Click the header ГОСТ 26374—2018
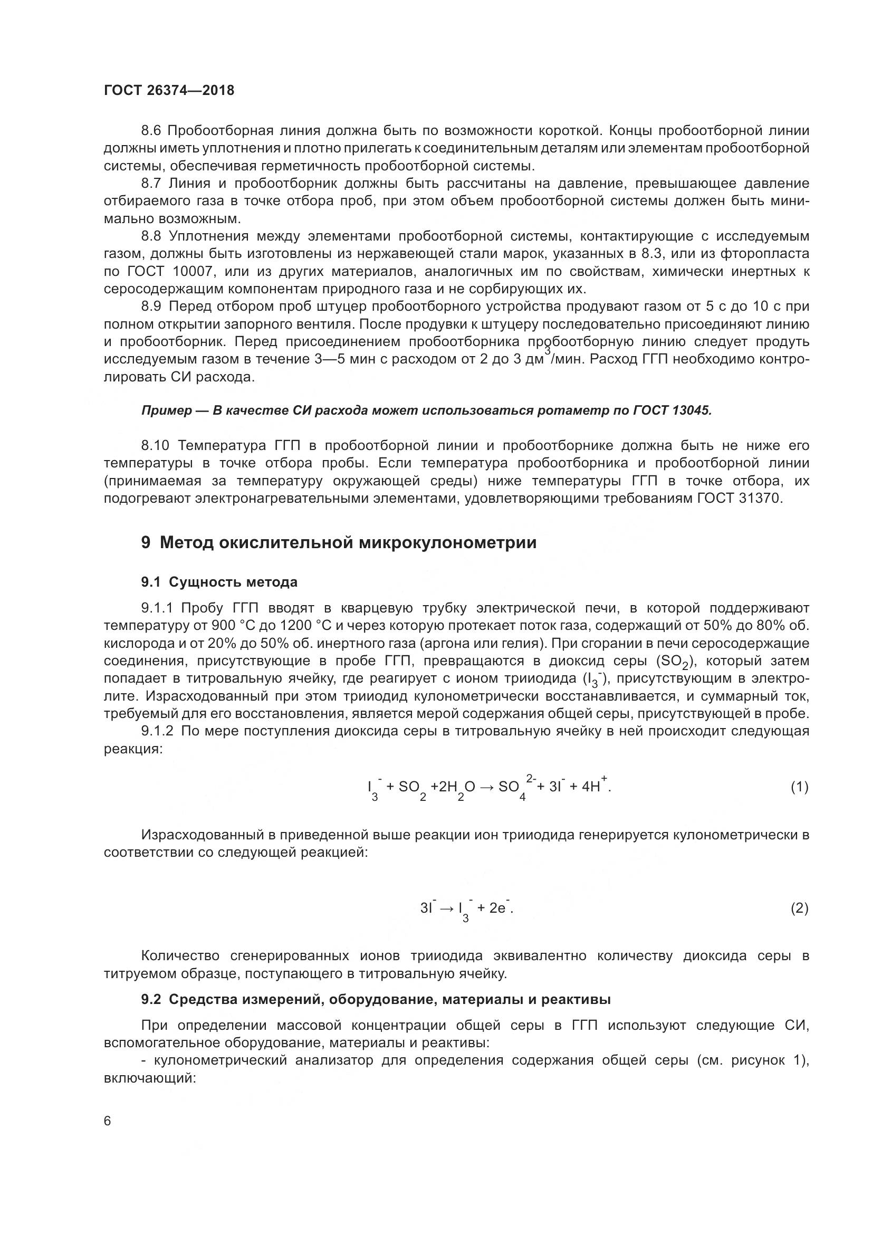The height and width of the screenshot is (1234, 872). click(169, 90)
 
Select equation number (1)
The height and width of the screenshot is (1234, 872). click(799, 787)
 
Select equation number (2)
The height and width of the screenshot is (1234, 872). click(799, 908)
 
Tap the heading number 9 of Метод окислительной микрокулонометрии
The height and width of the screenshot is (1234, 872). click(146, 543)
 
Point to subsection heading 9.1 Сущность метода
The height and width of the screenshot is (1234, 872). click(219, 582)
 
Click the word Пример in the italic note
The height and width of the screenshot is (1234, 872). click(167, 410)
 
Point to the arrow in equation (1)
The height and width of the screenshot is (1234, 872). click(486, 788)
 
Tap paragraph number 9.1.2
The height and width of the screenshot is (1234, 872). click(158, 731)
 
